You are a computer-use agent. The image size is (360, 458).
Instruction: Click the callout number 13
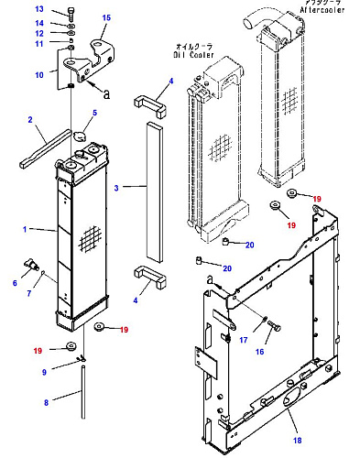[39, 9]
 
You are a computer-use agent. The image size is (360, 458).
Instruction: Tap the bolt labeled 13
[71, 14]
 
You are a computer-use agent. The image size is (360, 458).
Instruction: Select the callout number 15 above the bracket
[106, 17]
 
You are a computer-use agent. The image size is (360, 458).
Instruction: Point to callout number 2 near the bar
[30, 120]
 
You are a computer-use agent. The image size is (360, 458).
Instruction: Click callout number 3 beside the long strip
[116, 188]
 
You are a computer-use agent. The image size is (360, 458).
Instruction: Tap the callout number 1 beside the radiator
[25, 229]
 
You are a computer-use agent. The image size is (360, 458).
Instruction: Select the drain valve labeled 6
[32, 267]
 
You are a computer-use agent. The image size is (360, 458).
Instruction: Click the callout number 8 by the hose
[46, 403]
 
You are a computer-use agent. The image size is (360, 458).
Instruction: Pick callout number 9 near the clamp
[44, 372]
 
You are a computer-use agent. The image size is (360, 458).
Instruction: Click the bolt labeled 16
[274, 326]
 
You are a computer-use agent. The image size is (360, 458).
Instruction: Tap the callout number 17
[244, 340]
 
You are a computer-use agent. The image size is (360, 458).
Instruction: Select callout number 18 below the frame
[298, 441]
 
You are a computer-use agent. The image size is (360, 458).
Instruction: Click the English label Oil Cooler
[193, 55]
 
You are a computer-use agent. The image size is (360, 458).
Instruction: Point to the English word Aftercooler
[322, 10]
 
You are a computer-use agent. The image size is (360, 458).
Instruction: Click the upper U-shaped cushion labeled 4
[150, 106]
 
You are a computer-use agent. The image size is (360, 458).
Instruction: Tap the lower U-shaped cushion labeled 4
[150, 277]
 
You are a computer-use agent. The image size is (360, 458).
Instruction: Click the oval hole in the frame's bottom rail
[289, 399]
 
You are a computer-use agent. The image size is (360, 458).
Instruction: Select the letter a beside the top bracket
[106, 94]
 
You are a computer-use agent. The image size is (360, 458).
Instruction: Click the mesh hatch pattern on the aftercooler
[290, 100]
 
